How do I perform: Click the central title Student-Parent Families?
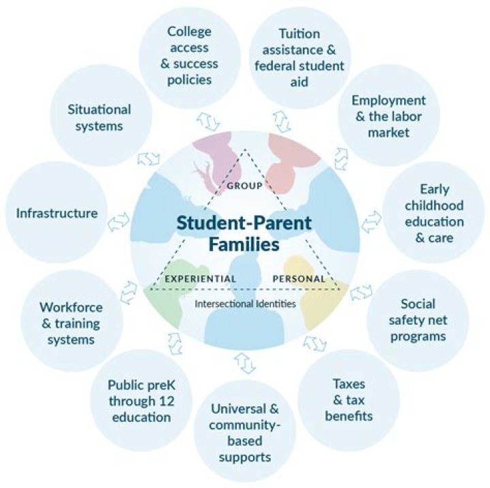coord(244,233)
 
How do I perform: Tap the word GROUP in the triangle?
coord(245,186)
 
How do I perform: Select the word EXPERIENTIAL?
coord(201,278)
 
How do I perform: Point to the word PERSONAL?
coord(299,278)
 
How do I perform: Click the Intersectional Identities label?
coord(245,304)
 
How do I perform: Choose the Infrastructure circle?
coord(56,212)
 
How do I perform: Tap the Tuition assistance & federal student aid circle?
coord(299,58)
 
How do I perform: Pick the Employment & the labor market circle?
coord(389,115)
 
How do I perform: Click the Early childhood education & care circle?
coord(434,212)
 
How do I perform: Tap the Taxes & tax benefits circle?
coord(348,400)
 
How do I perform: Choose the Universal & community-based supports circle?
coord(245,432)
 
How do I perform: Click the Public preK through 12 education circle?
coord(142,400)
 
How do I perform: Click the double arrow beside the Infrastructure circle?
coord(118,221)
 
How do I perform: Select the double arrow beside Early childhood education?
coord(372,221)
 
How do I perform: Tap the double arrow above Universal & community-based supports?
coord(245,363)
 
